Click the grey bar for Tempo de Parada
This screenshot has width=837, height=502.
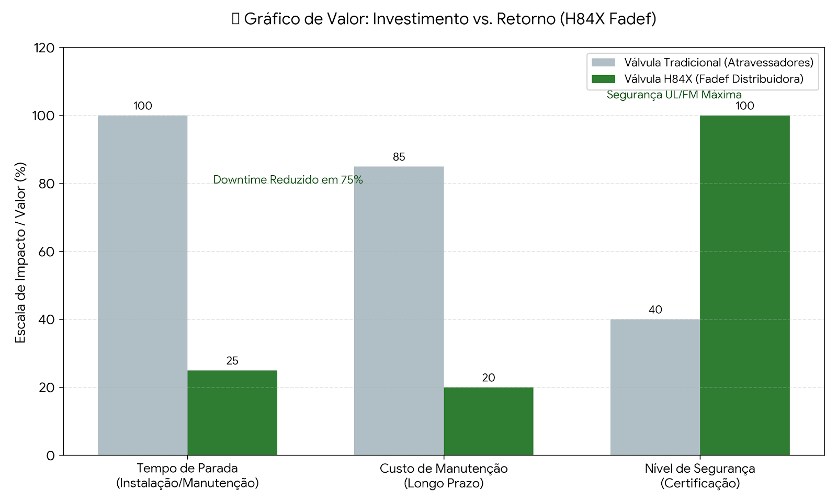[142, 285]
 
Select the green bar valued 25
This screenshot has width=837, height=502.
[232, 413]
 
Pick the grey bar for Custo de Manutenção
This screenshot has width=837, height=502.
[399, 311]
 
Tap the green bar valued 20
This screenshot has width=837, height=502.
[488, 421]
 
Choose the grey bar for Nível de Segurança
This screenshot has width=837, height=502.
[655, 387]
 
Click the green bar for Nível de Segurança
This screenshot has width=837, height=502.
[744, 285]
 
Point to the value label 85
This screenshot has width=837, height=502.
[399, 157]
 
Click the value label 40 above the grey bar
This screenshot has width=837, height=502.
[655, 310]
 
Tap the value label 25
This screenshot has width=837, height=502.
[232, 361]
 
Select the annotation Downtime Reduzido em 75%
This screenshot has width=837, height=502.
[288, 180]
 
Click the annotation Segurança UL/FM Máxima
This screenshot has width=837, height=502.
[674, 95]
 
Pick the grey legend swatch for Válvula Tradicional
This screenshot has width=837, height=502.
[603, 63]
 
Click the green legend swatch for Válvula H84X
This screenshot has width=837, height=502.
[603, 79]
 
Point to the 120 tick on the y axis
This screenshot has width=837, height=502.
[44, 48]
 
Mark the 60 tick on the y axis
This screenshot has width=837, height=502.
[47, 252]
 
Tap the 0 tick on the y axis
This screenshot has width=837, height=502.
[50, 455]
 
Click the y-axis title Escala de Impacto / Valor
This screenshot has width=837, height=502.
[20, 253]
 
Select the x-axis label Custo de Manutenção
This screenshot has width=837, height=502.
[444, 469]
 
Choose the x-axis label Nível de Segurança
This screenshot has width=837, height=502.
[700, 469]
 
